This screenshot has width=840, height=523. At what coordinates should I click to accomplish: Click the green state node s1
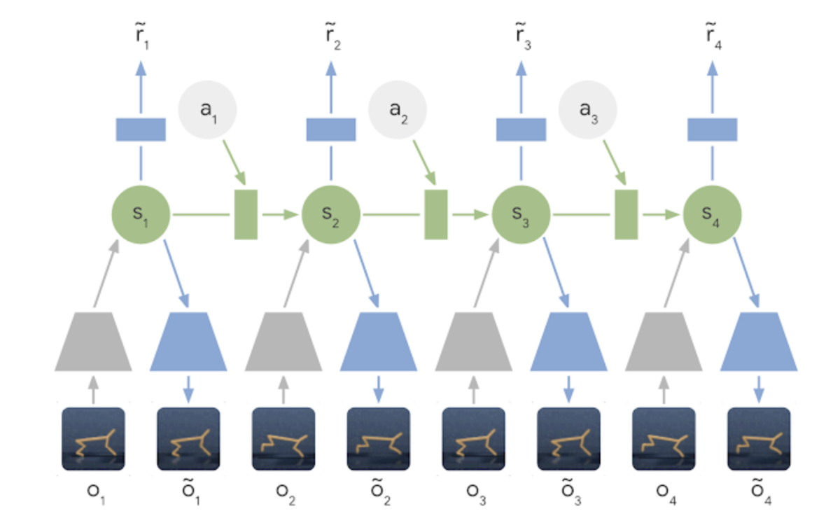[x=141, y=215]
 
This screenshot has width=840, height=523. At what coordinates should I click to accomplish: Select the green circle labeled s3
[x=521, y=215]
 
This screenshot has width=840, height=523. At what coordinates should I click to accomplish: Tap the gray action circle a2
[x=398, y=110]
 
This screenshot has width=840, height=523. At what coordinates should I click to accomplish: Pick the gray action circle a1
[x=207, y=110]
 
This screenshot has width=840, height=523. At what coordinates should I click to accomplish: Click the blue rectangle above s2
[x=330, y=130]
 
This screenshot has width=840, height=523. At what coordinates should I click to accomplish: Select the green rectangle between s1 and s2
[x=246, y=215]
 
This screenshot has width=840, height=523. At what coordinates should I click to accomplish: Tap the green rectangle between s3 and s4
[x=626, y=215]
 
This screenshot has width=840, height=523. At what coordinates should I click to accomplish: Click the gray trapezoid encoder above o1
[x=93, y=342]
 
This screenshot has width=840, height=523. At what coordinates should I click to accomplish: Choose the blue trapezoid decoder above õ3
[x=568, y=342]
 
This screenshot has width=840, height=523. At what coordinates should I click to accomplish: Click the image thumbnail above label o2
[x=283, y=438]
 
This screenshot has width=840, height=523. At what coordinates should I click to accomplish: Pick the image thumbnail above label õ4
[x=759, y=438]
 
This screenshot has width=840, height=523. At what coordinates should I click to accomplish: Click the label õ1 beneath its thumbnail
[x=191, y=491]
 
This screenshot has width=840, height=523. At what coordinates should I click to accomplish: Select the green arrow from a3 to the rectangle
[x=615, y=162]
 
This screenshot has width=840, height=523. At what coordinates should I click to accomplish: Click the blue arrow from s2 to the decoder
[x=366, y=274]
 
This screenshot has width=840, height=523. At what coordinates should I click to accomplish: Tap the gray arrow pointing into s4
[x=677, y=273]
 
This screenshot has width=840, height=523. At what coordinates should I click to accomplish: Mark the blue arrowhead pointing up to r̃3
[x=521, y=69]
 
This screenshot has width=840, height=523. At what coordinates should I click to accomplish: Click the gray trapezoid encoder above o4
[x=664, y=342]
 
